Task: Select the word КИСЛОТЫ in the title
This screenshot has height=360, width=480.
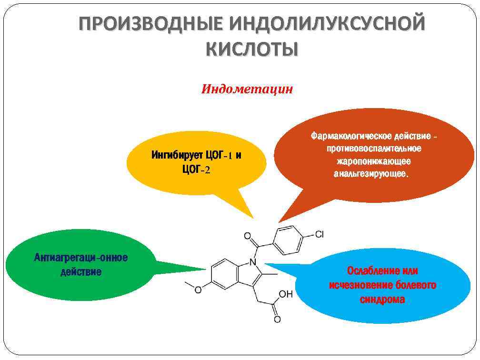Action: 252,49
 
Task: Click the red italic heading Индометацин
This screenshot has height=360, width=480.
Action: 247,89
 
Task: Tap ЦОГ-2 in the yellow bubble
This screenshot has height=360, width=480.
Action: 196,170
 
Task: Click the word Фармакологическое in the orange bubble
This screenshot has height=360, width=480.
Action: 346,137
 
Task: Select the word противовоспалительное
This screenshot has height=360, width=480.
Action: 374,149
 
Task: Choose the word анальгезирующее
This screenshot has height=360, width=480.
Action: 371,174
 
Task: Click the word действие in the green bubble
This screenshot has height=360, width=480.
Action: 81,272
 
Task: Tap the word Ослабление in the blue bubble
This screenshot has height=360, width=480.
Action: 367,271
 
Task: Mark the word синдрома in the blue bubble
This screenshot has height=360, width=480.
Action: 382,300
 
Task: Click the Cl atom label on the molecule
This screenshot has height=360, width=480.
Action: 319,234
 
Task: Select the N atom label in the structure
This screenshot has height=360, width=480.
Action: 253,262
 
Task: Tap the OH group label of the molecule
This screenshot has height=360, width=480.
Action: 285,295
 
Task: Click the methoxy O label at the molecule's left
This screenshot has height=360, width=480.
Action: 199,289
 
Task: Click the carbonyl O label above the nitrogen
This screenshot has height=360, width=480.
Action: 247,236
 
